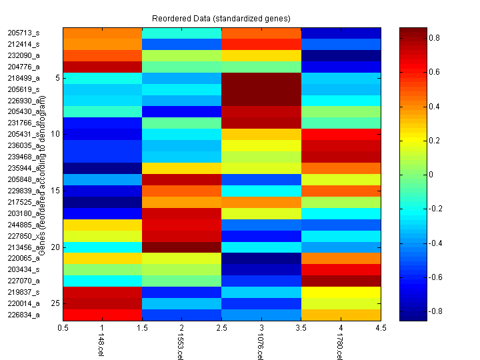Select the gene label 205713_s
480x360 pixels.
click(23, 33)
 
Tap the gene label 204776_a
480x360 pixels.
click(23, 67)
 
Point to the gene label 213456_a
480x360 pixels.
click(23, 247)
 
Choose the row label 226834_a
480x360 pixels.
click(23, 315)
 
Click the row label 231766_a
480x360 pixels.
click(23, 123)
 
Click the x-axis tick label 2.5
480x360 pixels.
click(221, 328)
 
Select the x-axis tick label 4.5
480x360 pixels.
click(380, 328)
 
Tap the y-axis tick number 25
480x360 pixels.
click(55, 303)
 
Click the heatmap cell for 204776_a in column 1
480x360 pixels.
click(103, 67)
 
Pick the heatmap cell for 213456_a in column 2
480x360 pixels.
click(182, 247)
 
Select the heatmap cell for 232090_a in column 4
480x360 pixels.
click(341, 55)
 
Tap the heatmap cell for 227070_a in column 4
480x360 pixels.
click(341, 281)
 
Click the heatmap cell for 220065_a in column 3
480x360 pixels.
click(261, 258)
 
